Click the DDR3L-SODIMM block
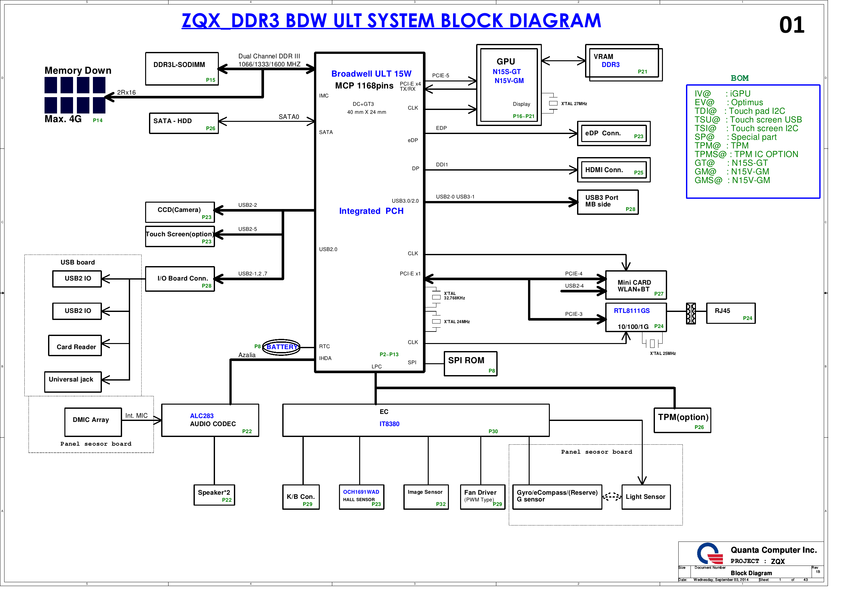click(182, 69)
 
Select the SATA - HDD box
click(184, 123)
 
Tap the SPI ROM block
click(471, 364)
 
